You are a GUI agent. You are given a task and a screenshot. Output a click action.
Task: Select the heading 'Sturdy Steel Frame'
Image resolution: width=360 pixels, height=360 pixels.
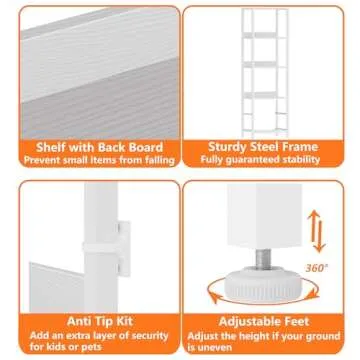269,145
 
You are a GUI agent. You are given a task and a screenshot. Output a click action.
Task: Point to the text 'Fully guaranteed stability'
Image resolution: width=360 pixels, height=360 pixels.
269,159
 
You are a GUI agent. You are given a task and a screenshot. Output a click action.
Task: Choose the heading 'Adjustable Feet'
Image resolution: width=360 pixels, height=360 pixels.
269,323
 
